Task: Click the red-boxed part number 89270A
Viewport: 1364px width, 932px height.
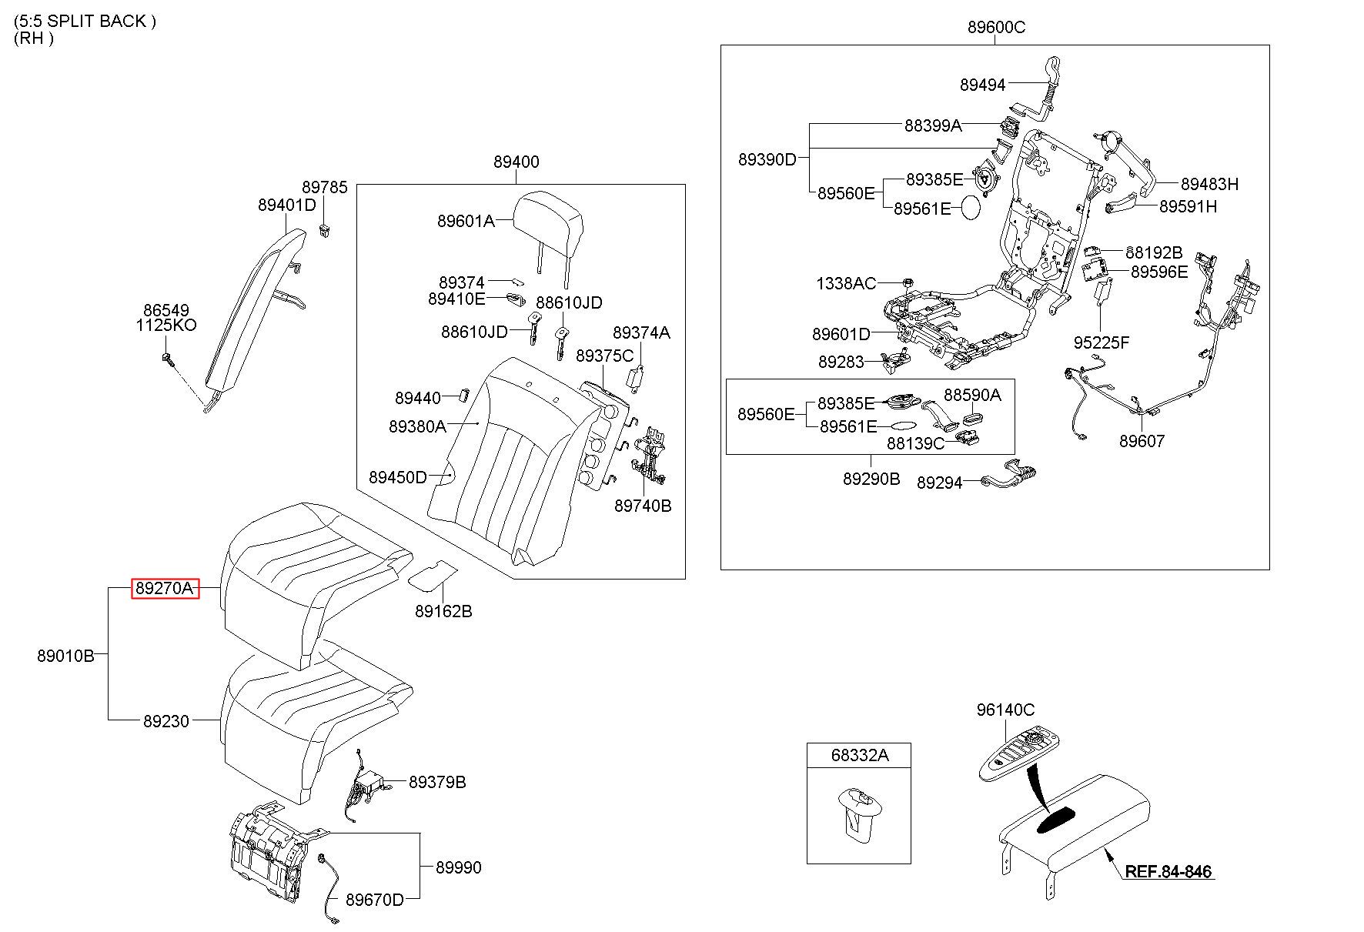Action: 165,589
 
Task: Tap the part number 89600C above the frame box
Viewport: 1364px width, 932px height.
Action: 996,28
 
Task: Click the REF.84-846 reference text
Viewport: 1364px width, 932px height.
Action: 1168,872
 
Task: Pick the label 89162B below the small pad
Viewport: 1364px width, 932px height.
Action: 443,611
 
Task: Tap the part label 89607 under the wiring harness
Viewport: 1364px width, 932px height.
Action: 1142,441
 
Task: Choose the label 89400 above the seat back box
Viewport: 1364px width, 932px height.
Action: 516,162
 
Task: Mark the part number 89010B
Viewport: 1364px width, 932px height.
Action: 65,656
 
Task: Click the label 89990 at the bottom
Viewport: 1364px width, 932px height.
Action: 458,867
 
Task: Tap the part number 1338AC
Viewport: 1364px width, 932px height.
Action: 846,284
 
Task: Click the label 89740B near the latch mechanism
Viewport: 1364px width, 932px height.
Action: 643,506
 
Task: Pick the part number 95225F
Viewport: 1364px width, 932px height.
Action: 1102,342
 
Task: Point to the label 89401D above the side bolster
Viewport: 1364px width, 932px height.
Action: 287,205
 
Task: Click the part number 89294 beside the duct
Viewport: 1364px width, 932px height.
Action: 939,483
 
